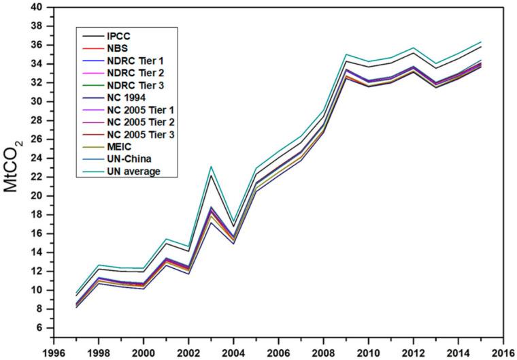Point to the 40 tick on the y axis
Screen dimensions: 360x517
pyautogui.click(x=36, y=7)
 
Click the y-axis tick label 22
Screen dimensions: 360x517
pyautogui.click(x=36, y=177)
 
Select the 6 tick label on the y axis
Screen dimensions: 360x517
pyautogui.click(x=39, y=328)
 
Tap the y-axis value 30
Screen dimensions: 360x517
pyautogui.click(x=36, y=101)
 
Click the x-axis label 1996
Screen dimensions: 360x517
pyautogui.click(x=54, y=353)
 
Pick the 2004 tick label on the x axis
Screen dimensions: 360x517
pyautogui.click(x=234, y=353)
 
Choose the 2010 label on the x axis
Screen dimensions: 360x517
pyautogui.click(x=369, y=353)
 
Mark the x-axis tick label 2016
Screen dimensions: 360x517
pyautogui.click(x=503, y=353)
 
